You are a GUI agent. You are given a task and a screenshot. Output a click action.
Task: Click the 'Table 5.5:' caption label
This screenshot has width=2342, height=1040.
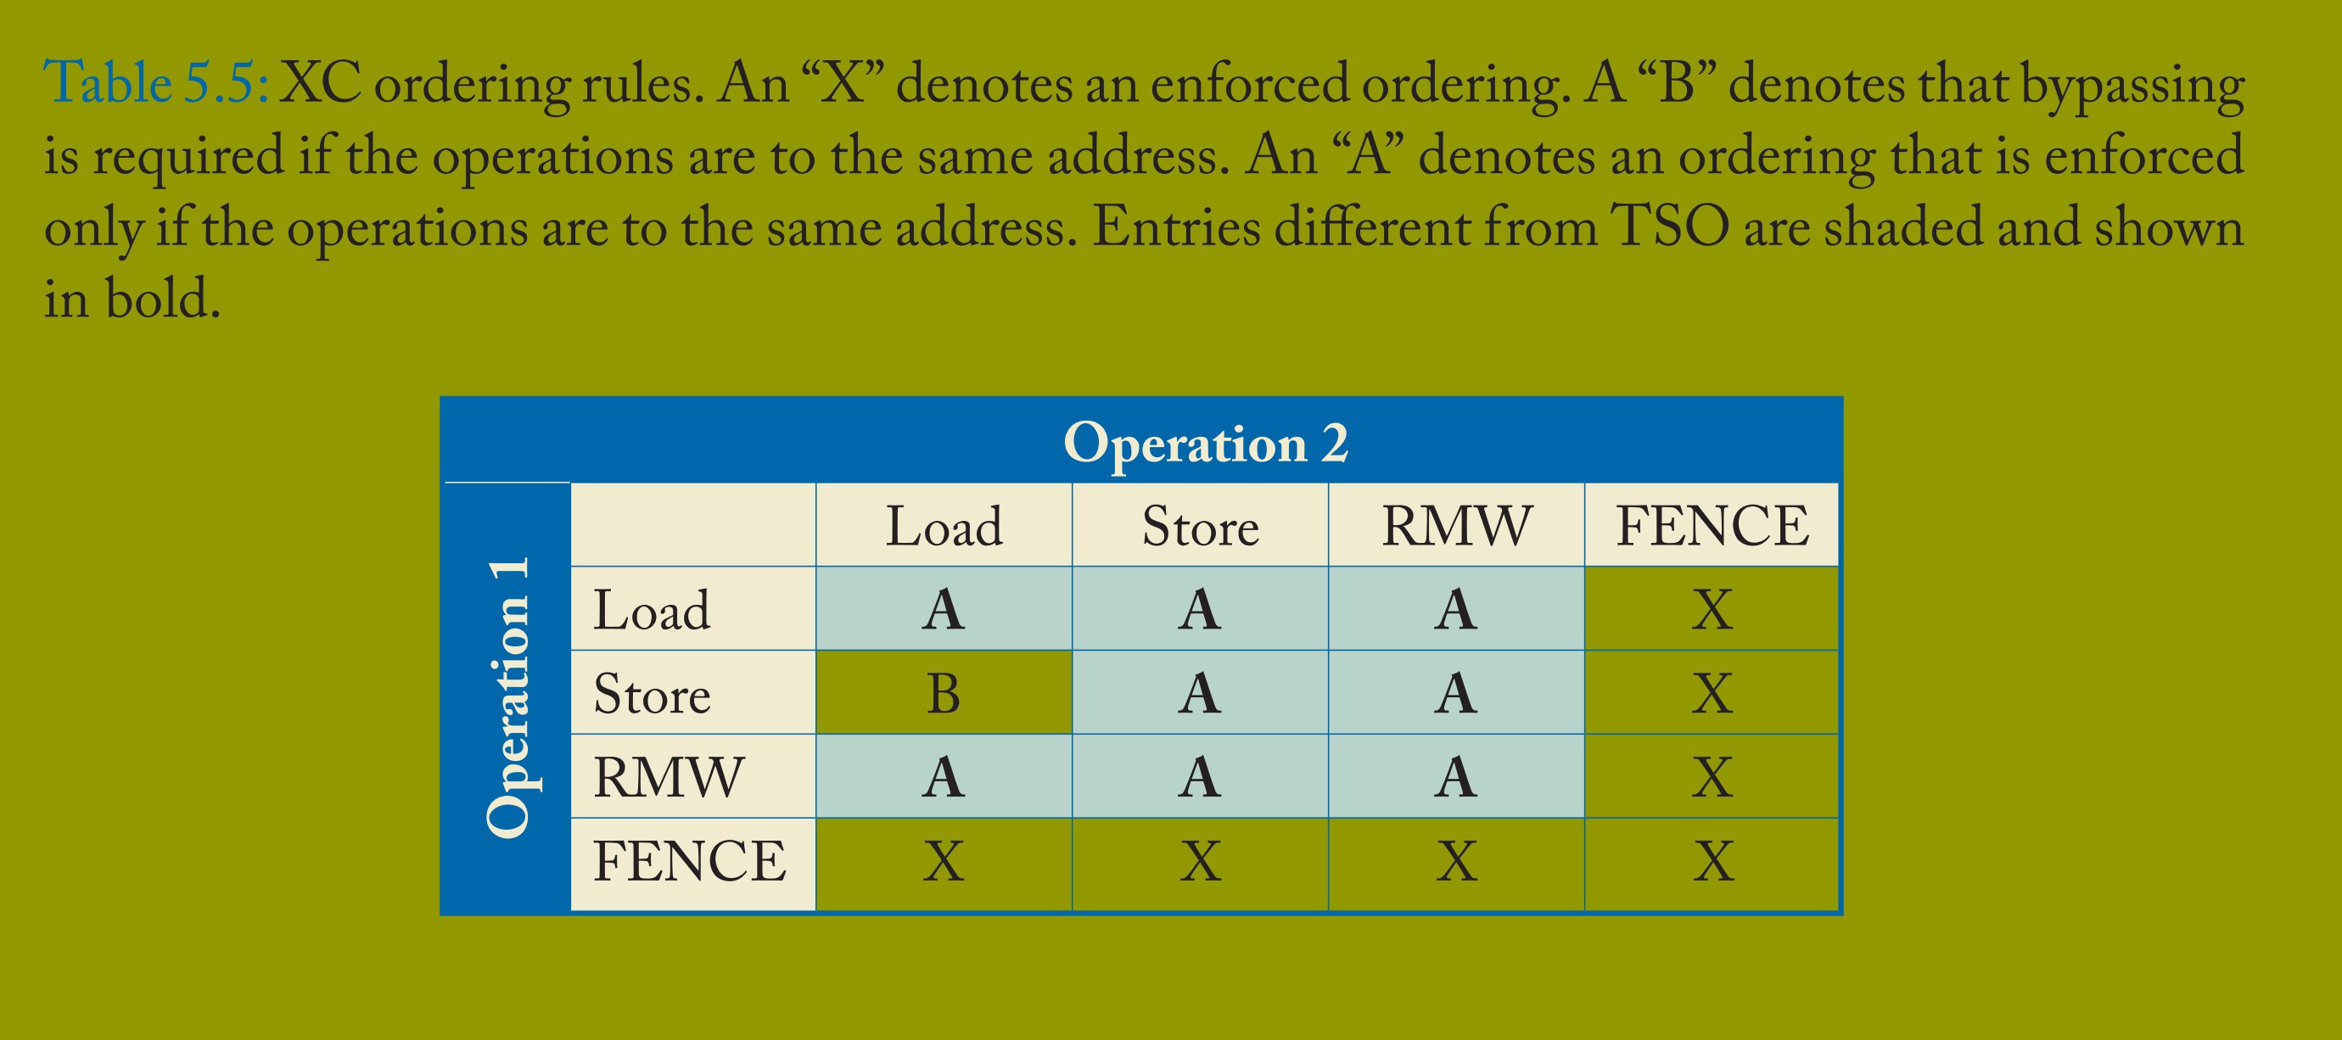tap(155, 84)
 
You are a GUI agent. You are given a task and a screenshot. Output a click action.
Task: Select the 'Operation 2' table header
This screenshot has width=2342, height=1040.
tap(1206, 444)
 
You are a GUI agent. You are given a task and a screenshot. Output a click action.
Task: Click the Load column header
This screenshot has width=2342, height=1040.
tap(944, 525)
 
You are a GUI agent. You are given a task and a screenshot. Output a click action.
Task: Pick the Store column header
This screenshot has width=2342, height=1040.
tap(1200, 525)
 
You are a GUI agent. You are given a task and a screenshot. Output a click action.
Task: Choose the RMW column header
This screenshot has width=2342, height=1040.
tap(1456, 525)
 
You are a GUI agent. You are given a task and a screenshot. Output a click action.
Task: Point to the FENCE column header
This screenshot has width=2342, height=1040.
tap(1712, 525)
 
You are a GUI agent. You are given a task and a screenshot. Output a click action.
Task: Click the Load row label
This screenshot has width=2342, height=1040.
tap(652, 609)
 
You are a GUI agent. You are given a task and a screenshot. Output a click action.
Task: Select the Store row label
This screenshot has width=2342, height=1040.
tap(652, 694)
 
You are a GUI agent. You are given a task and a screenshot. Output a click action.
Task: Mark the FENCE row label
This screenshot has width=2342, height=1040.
tap(689, 861)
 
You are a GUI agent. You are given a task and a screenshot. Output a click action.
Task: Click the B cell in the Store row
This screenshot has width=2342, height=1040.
tap(944, 694)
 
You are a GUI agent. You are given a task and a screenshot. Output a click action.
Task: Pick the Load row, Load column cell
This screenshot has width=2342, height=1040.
tap(944, 609)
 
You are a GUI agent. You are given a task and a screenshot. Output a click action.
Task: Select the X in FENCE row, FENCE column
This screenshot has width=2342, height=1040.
tap(1713, 861)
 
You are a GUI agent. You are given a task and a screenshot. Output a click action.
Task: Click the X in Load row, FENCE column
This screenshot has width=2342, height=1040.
tap(1713, 609)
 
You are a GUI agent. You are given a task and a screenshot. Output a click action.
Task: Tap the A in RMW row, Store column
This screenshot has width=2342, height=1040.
tap(1200, 777)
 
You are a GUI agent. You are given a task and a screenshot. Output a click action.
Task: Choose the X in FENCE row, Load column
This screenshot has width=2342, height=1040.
tap(944, 861)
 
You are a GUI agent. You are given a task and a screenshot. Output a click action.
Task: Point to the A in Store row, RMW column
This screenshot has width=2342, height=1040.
tap(1456, 694)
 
